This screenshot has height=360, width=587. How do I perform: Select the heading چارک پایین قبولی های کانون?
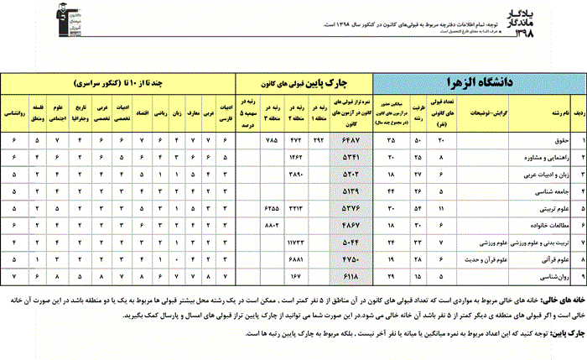pos(303,84)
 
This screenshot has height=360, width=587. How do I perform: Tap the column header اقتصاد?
pos(144,110)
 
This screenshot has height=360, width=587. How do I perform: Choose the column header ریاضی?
pos(164,110)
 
